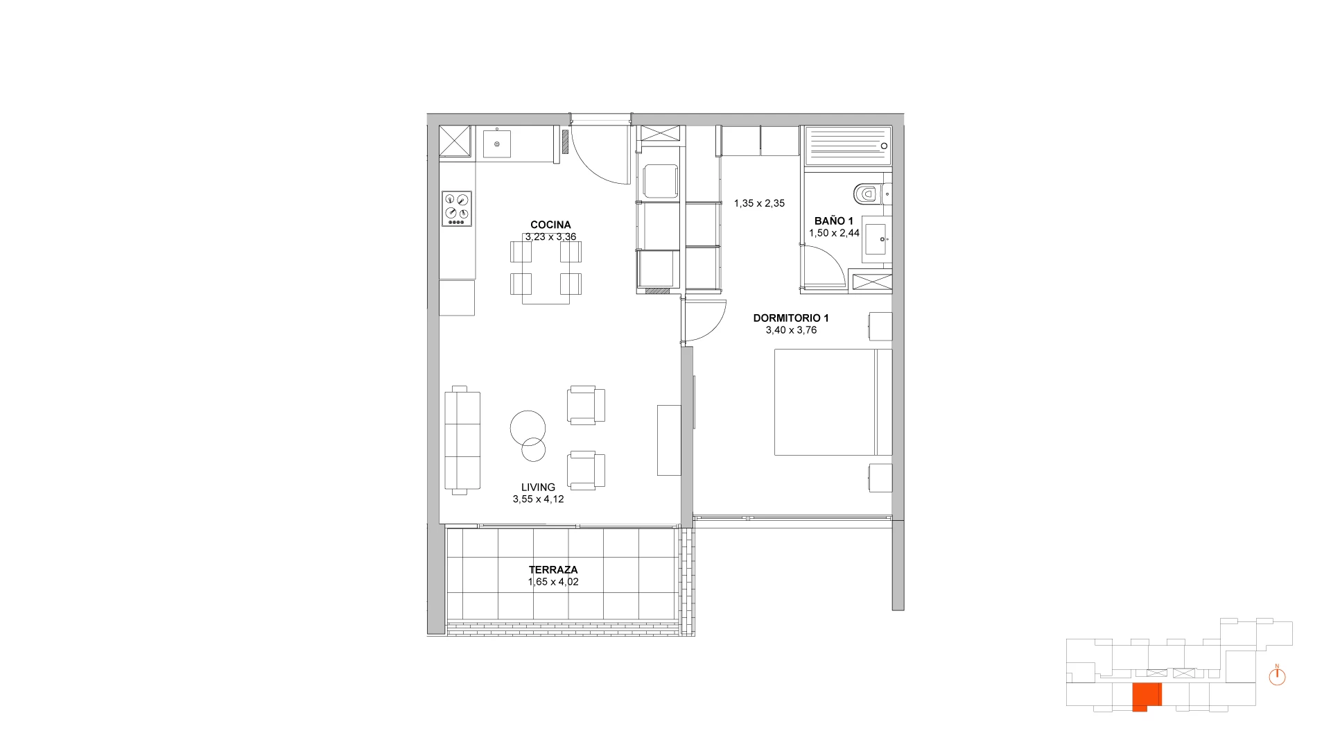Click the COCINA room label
550,225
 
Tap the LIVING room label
538,487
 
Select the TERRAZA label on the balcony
553,569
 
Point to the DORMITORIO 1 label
791,318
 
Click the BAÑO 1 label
834,221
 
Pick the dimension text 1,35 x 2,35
759,203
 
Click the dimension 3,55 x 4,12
538,499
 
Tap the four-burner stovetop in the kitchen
457,209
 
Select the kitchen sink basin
497,144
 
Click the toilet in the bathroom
867,194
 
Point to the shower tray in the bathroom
846,146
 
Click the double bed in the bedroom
833,402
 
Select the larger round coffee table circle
528,428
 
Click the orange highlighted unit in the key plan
1147,697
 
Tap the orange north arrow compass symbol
1277,676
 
